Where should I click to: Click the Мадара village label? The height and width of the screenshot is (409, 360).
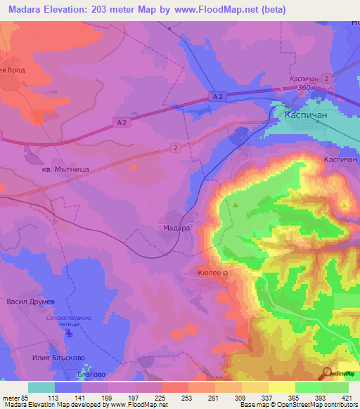pyautogui.click(x=176, y=228)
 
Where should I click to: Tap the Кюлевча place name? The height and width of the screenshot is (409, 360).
pyautogui.click(x=214, y=271)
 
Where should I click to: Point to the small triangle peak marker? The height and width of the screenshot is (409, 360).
pyautogui.click(x=236, y=205)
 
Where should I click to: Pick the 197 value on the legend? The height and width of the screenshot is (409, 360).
pyautogui.click(x=131, y=398)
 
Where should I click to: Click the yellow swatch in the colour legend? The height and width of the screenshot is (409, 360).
pyautogui.click(x=282, y=387)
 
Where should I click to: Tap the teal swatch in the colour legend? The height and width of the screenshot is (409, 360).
pyautogui.click(x=41, y=387)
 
